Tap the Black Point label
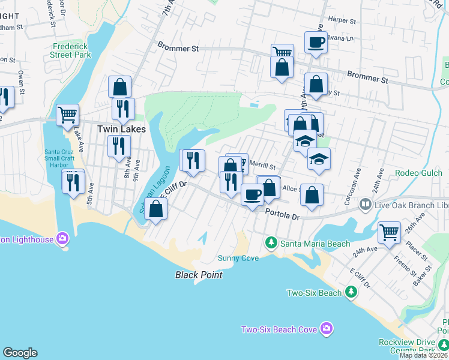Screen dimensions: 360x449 (x=199, y=275)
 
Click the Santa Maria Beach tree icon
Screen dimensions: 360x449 (x=271, y=242)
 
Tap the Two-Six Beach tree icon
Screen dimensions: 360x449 (x=351, y=292)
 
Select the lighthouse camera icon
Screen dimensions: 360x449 (x=62, y=239)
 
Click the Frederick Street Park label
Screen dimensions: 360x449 (x=71, y=50)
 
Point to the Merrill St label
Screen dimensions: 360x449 (x=262, y=167)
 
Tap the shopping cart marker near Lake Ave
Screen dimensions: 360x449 (x=67, y=114)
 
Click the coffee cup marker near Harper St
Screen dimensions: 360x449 (x=316, y=42)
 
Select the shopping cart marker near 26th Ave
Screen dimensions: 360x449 (x=390, y=231)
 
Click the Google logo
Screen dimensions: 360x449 (x=20, y=353)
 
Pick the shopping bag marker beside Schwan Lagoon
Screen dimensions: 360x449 (x=155, y=209)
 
